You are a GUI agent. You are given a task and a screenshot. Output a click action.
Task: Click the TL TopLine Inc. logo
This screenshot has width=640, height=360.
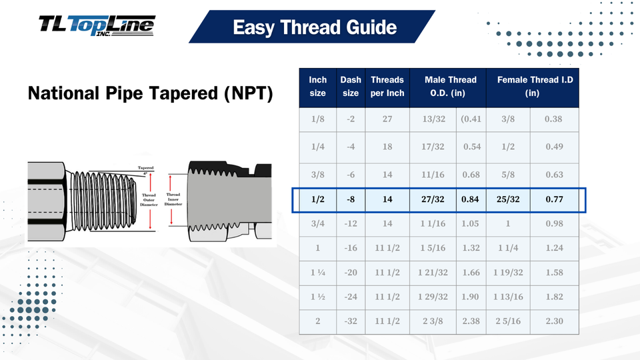tap(97, 27)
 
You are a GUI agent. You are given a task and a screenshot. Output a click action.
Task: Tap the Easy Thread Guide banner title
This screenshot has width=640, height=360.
tap(315, 27)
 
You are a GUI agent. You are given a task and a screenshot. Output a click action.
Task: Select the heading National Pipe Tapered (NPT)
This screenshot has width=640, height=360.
tap(150, 93)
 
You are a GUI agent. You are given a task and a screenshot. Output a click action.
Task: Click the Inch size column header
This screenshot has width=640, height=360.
tap(318, 87)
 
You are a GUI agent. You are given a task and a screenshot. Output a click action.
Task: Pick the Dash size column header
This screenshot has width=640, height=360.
tap(351, 87)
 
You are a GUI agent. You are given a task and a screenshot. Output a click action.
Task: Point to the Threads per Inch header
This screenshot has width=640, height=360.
tap(387, 87)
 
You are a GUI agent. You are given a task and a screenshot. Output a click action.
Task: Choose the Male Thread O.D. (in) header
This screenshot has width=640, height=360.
tap(448, 87)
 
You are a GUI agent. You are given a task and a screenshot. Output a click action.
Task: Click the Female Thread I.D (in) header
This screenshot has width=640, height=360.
tap(532, 87)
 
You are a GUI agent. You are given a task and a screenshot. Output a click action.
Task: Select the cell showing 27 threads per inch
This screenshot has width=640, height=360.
tap(387, 119)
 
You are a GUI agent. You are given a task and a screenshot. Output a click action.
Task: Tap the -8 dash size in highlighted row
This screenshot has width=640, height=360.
tap(351, 199)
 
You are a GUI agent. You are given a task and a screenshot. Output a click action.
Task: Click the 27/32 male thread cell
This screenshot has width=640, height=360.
tap(433, 199)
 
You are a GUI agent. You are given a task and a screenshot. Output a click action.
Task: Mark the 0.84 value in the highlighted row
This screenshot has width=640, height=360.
tap(471, 199)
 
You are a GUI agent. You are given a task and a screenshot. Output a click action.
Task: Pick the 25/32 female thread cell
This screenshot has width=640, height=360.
tap(508, 199)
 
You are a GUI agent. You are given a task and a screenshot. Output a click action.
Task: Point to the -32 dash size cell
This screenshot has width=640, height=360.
tap(351, 321)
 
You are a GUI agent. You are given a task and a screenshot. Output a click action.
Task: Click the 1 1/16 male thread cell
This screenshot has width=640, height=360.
tap(433, 224)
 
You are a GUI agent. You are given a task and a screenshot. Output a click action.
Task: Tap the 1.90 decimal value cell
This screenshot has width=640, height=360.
tap(471, 297)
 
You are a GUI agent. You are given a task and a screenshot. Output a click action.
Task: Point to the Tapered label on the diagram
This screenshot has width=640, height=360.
tap(145, 168)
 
